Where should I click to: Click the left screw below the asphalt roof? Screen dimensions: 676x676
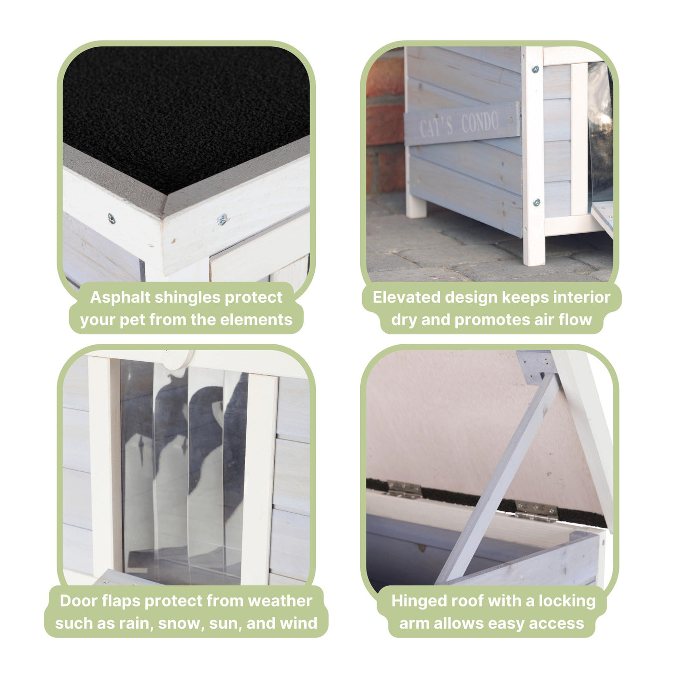tap(112, 219)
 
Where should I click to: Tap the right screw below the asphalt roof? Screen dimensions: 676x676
tap(222, 220)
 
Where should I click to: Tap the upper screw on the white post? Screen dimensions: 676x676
tap(535, 69)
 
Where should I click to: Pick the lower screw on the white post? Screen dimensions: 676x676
tap(536, 202)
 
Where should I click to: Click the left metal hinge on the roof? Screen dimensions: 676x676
tap(404, 489)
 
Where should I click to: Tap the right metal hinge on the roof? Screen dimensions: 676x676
tap(535, 511)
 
